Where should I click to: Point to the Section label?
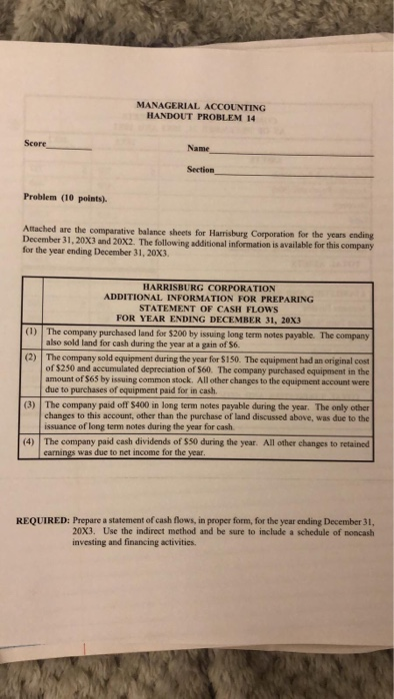click(x=200, y=171)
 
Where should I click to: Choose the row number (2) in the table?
click(x=31, y=327)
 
